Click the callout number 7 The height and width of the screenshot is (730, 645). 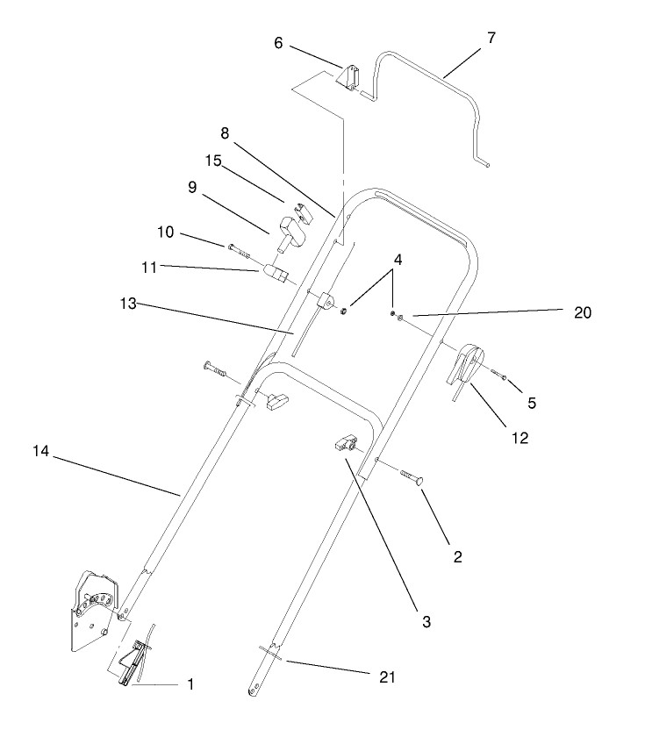click(x=491, y=39)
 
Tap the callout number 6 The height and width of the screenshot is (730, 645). click(x=278, y=43)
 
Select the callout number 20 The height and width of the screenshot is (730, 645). click(x=582, y=312)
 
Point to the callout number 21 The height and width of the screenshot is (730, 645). click(x=388, y=677)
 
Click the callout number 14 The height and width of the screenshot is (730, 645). click(x=41, y=451)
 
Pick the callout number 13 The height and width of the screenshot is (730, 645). click(x=128, y=304)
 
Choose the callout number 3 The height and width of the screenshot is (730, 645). click(x=426, y=621)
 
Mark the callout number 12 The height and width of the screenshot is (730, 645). click(x=520, y=438)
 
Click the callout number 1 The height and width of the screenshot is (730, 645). click(x=190, y=683)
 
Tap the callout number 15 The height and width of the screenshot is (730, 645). click(x=213, y=161)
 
